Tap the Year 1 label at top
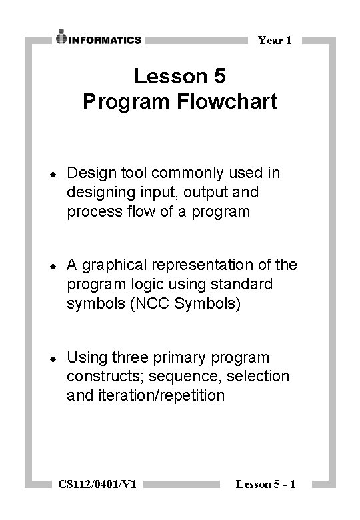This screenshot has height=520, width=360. [x=275, y=41]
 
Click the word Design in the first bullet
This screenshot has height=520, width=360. [x=89, y=173]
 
